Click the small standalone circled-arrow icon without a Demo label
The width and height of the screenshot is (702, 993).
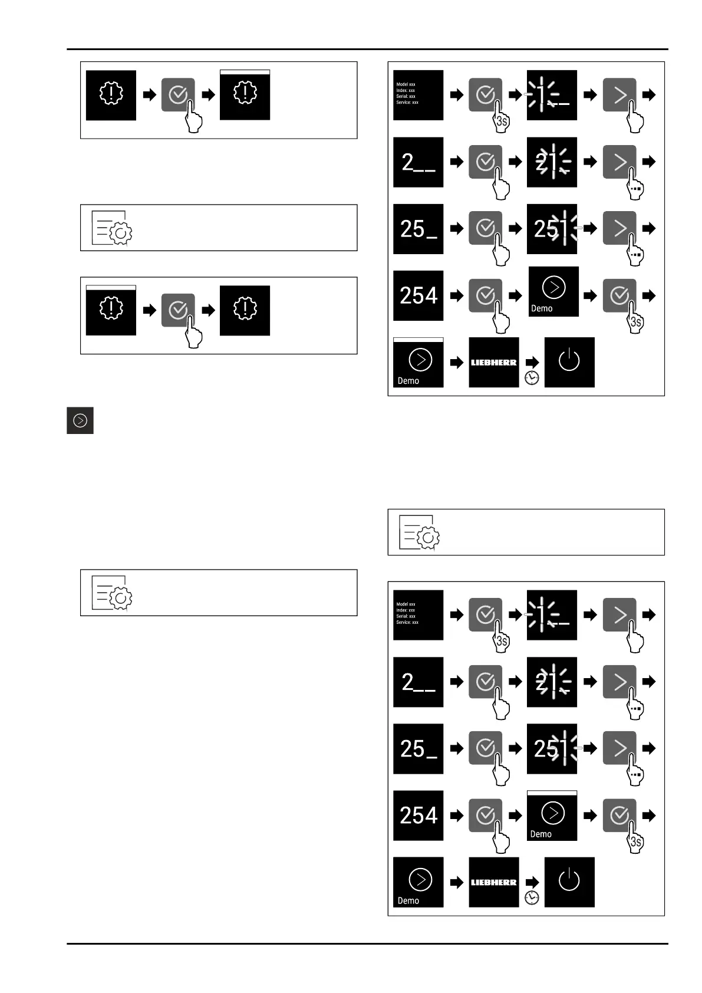tap(80, 420)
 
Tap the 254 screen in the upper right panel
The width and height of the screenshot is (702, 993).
tap(418, 295)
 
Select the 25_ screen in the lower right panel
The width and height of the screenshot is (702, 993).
tap(418, 748)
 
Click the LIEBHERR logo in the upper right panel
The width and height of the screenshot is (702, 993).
tap(493, 362)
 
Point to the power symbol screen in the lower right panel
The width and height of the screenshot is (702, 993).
tap(569, 882)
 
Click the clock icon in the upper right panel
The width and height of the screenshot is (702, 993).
tap(532, 378)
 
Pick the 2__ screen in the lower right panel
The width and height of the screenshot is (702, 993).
tap(418, 682)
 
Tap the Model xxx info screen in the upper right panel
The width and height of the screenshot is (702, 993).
tap(418, 95)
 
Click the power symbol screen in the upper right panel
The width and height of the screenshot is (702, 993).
tap(569, 362)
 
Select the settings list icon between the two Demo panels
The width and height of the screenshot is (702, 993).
tap(419, 532)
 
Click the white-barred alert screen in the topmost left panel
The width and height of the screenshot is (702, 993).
tap(245, 94)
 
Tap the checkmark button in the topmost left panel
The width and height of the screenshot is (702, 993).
tap(177, 94)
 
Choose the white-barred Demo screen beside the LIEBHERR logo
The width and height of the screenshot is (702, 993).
tap(418, 362)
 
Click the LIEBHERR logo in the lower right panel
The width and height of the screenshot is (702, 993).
tap(493, 882)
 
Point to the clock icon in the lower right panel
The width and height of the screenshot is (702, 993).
tap(532, 897)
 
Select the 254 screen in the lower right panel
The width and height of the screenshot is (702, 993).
tap(418, 816)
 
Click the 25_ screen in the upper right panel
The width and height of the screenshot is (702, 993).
tap(418, 229)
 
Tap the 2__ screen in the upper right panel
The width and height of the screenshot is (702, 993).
tap(418, 162)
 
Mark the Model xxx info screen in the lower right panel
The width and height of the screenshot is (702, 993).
tap(418, 614)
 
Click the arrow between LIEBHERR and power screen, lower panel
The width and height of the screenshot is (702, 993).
tap(532, 882)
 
